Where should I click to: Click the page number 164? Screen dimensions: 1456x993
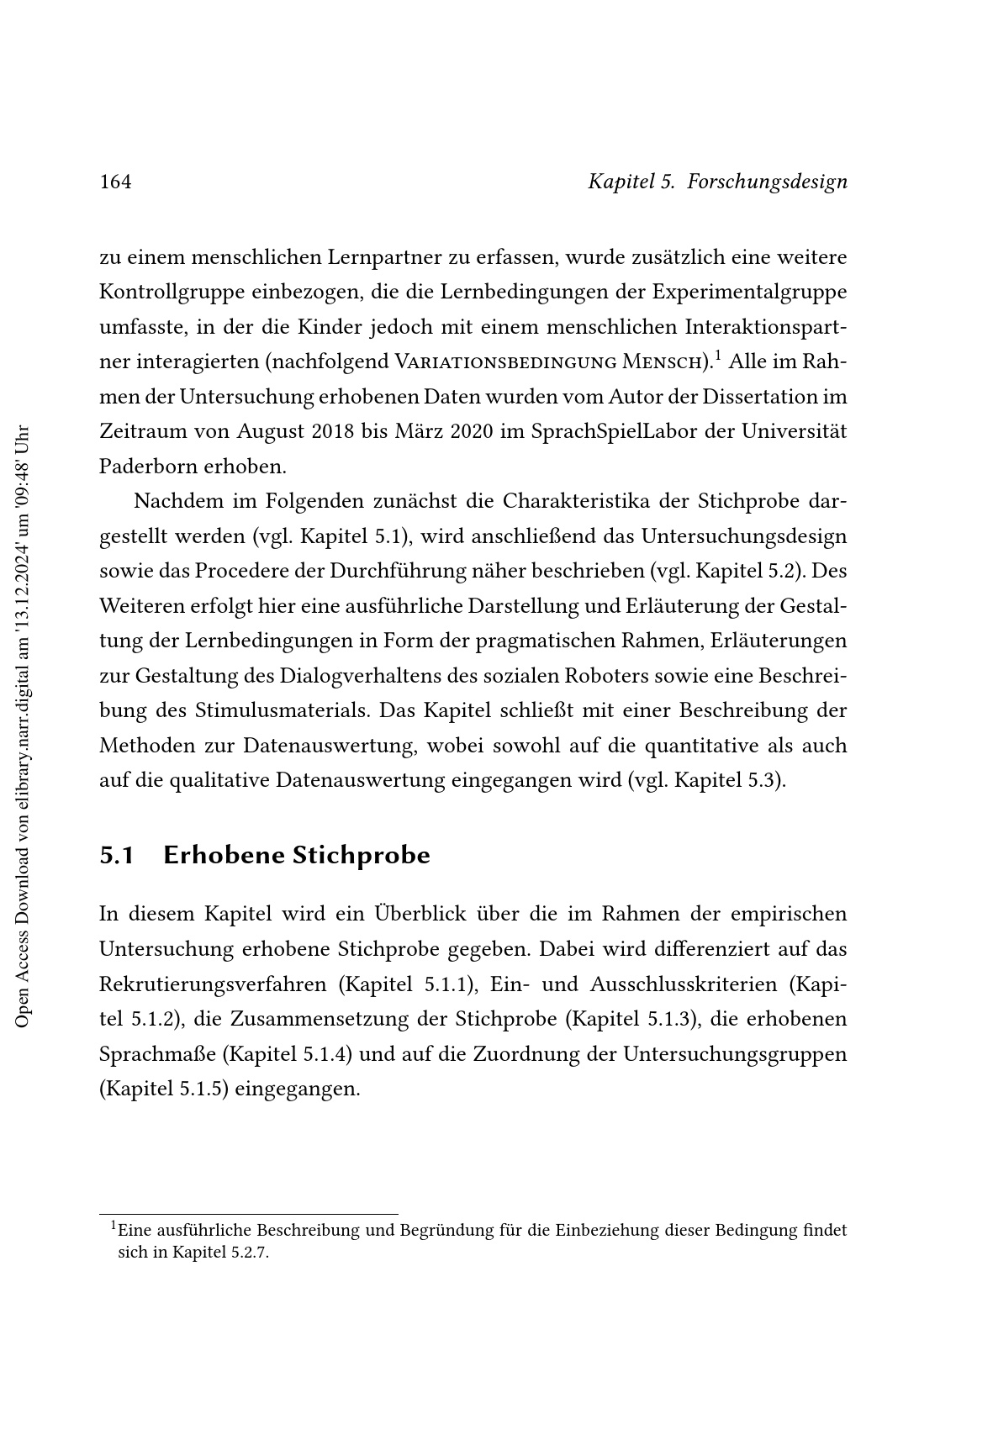(115, 182)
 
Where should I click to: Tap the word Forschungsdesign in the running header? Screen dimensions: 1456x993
(767, 182)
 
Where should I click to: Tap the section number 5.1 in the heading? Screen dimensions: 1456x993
(117, 856)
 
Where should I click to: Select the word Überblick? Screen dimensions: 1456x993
(419, 914)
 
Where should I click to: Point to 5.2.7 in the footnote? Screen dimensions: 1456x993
(249, 1253)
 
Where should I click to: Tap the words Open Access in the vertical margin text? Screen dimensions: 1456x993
(24, 987)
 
